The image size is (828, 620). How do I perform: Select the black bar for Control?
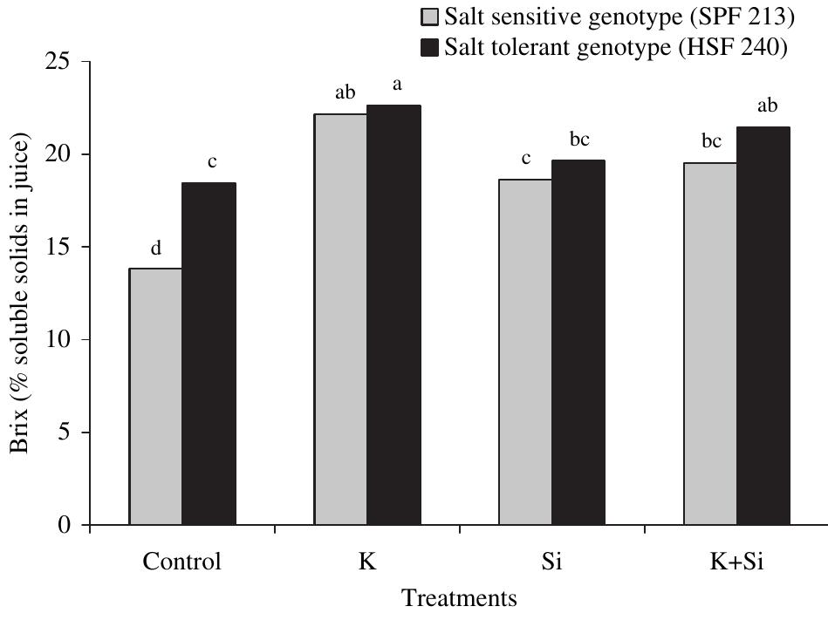tap(209, 354)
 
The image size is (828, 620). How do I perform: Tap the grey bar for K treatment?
tap(340, 319)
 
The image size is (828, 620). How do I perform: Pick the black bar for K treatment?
tap(393, 316)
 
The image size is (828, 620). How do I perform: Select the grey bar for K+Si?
tap(710, 344)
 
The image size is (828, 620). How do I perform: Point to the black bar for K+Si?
tap(763, 326)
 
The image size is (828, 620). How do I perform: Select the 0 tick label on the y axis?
tap(66, 526)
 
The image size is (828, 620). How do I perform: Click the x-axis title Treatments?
tap(459, 599)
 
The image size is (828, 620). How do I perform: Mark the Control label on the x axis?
tap(182, 561)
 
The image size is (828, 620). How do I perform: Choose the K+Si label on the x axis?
tap(736, 561)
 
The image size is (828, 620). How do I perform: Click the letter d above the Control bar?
tap(155, 249)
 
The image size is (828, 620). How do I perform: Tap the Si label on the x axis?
tap(552, 561)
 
